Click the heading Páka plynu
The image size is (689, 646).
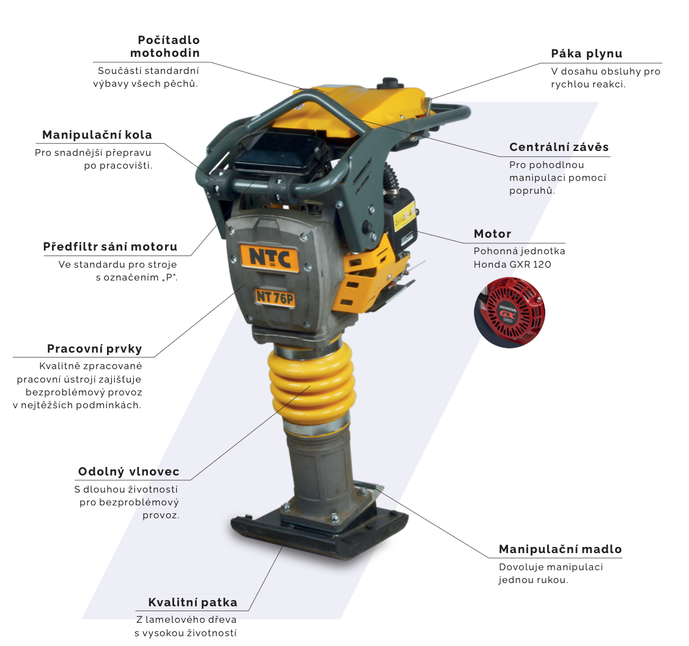tap(587, 54)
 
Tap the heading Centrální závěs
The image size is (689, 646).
tap(559, 147)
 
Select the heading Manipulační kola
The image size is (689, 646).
tap(97, 135)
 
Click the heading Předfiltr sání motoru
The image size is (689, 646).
tap(110, 247)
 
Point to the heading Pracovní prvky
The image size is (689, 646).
tap(95, 349)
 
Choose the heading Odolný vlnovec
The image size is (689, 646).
tap(129, 472)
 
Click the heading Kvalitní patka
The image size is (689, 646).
tap(193, 602)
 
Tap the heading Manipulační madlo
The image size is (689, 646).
tap(560, 549)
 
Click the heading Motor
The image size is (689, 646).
tap(493, 234)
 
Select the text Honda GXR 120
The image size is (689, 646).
tap(512, 265)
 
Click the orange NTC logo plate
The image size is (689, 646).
tap(270, 258)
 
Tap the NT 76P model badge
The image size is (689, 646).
tap(274, 298)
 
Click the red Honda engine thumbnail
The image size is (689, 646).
tap(510, 312)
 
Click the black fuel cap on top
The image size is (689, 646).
tap(390, 83)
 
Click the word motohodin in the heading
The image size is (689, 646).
tap(165, 53)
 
